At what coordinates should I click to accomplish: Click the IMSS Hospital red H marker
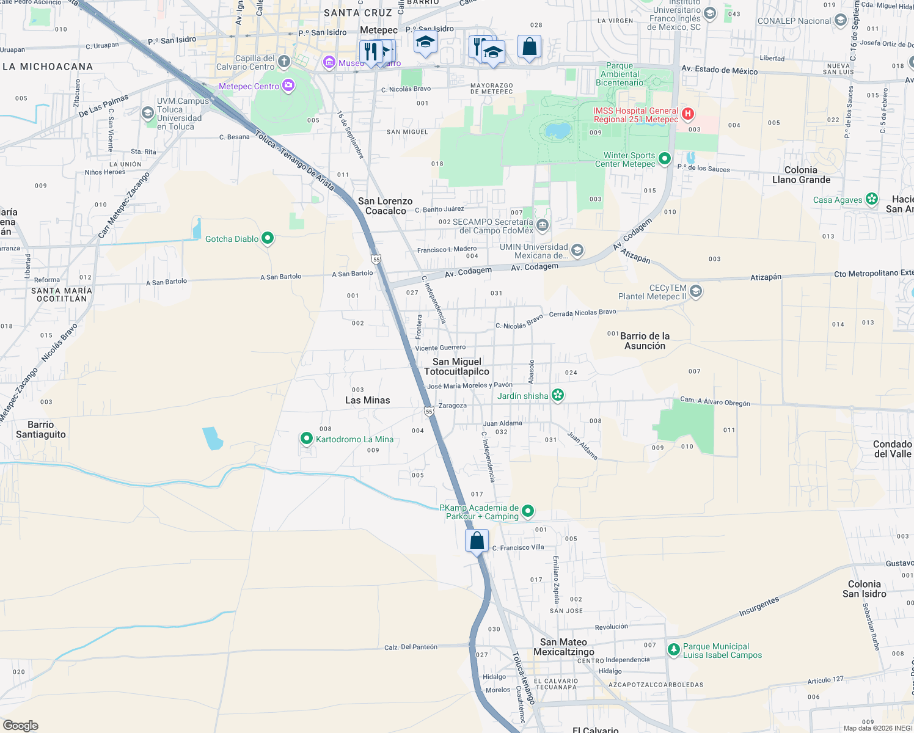click(x=688, y=114)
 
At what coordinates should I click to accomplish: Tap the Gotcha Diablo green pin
click(x=267, y=238)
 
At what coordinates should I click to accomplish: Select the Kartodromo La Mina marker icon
click(x=307, y=439)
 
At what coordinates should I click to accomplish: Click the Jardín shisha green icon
click(x=557, y=395)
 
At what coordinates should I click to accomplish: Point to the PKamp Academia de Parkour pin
click(x=528, y=511)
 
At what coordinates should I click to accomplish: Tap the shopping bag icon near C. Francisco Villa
click(x=477, y=541)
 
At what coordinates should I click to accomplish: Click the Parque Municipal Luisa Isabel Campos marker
click(x=673, y=649)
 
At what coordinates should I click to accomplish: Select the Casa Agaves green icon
click(x=872, y=199)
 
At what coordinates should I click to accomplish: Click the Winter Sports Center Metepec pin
click(x=665, y=159)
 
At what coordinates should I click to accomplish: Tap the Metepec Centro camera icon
click(x=288, y=86)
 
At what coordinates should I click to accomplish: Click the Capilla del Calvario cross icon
click(x=283, y=62)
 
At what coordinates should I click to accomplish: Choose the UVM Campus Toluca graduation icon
click(x=147, y=113)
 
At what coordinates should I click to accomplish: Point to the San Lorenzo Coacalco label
click(x=386, y=206)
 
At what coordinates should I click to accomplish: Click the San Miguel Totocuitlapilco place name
click(x=457, y=366)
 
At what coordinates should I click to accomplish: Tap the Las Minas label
click(x=367, y=400)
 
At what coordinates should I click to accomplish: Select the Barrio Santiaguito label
click(x=41, y=429)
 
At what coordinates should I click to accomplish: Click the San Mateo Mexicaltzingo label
click(x=563, y=647)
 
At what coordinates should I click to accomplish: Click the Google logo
click(x=21, y=726)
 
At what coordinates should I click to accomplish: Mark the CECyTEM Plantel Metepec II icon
click(x=696, y=292)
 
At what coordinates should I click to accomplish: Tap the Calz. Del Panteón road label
click(x=411, y=647)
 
